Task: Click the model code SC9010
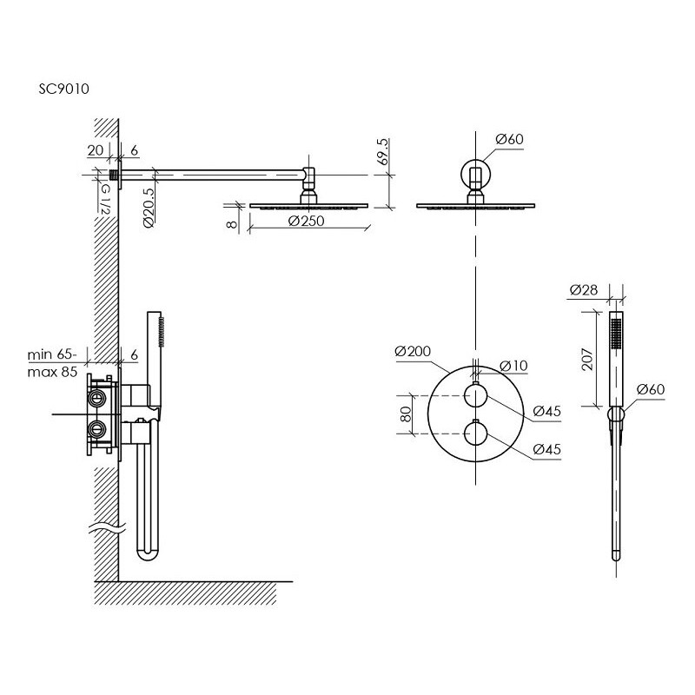(63, 89)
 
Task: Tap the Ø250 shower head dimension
(306, 221)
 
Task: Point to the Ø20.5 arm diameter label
(149, 207)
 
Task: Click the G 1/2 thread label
(105, 200)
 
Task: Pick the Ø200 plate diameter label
(413, 352)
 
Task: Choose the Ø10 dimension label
(513, 366)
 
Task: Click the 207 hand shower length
(587, 359)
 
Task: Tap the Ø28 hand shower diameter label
(584, 290)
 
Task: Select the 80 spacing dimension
(406, 414)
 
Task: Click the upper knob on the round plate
(475, 395)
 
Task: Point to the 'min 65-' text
(52, 354)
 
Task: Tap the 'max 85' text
(52, 372)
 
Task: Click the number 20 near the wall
(96, 150)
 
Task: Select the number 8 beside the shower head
(232, 224)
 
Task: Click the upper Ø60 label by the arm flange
(509, 139)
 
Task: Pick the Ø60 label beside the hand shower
(651, 389)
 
